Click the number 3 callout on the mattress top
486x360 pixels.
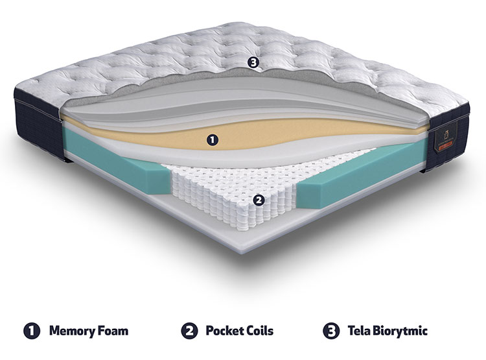(253, 63)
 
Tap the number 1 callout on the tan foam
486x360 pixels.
(213, 140)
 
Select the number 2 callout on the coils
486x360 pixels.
(259, 200)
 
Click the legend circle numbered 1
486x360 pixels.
(32, 331)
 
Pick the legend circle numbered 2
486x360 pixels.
(189, 331)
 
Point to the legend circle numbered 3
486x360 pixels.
(331, 331)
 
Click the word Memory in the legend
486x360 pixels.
(72, 331)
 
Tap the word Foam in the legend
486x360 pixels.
(113, 331)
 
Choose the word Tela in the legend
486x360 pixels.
(358, 331)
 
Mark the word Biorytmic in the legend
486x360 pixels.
(400, 331)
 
